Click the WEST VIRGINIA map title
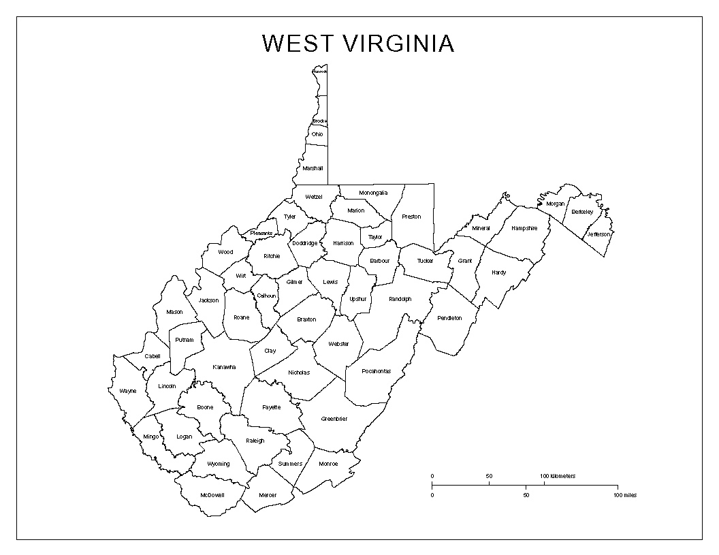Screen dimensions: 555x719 [357, 44]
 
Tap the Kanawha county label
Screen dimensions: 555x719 [224, 367]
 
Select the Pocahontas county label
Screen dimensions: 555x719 [377, 371]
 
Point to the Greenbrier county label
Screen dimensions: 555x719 [334, 419]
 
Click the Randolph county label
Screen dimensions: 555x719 [400, 299]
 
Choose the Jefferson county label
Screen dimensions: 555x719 [600, 234]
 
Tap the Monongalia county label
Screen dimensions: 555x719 [373, 193]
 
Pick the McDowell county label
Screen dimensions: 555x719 [212, 495]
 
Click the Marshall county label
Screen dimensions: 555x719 [313, 168]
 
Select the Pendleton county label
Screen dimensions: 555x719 [449, 318]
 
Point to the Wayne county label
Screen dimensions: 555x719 [127, 391]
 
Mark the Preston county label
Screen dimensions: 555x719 [411, 217]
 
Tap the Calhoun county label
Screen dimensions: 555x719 [266, 296]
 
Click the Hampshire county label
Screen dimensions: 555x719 [524, 228]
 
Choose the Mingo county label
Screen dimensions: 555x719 [150, 437]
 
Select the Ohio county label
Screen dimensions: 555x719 [317, 134]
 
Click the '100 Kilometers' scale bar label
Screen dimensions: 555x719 [558, 476]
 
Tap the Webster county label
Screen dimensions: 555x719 [338, 344]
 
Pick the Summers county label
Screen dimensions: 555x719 [290, 464]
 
